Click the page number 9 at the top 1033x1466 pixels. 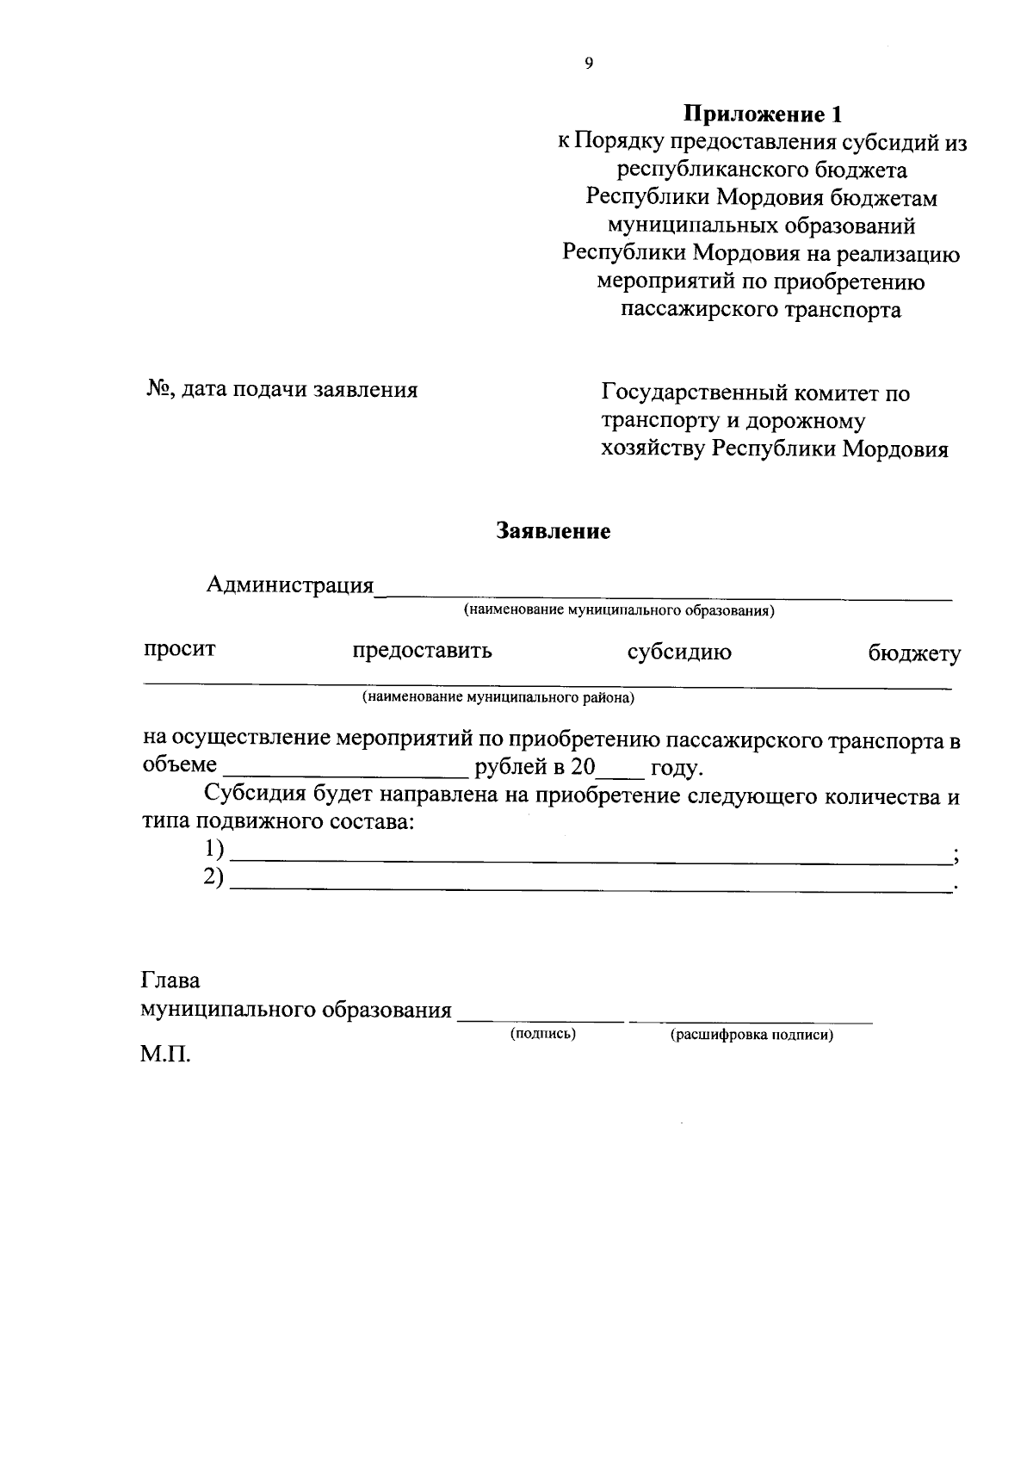[589, 62]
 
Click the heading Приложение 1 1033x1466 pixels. [761, 114]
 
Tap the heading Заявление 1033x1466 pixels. [553, 531]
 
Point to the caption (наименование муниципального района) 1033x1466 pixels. [498, 697]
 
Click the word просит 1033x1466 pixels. [179, 649]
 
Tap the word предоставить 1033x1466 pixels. [422, 651]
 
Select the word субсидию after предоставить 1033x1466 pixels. [679, 653]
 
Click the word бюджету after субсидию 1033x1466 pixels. [913, 654]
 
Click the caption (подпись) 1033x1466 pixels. [542, 1033]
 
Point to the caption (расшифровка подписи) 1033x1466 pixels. [752, 1036]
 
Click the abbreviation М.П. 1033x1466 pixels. [165, 1055]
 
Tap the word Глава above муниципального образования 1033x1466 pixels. [170, 980]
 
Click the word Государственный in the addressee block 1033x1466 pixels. [690, 393]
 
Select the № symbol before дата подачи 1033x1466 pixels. [158, 390]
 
